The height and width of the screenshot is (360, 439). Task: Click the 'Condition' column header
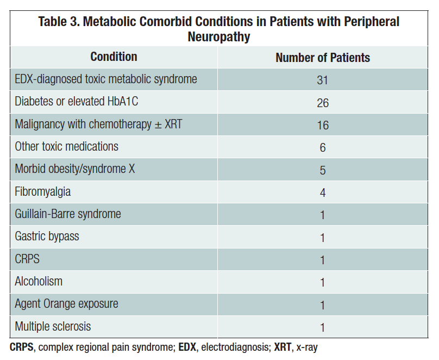[x=114, y=57]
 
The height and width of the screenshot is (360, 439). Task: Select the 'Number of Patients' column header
[x=323, y=58]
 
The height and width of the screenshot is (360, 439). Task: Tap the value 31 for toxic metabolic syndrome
[x=323, y=80]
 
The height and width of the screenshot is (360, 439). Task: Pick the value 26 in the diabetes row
[x=323, y=103]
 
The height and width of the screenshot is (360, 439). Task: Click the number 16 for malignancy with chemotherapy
[x=323, y=125]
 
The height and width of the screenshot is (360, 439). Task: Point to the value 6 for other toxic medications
[x=323, y=148]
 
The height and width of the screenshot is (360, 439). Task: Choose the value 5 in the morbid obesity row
[x=323, y=170]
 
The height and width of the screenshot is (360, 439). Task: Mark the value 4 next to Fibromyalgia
[x=323, y=193]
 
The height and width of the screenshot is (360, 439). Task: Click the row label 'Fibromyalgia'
[x=43, y=191]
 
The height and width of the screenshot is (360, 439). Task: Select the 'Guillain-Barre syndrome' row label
[x=68, y=214]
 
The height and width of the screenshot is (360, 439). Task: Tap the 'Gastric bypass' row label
[x=47, y=237]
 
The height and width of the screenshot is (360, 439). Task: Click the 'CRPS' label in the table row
[x=27, y=259]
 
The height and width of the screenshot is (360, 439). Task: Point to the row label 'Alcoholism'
[x=39, y=281]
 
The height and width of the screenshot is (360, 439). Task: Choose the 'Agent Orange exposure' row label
[x=66, y=304]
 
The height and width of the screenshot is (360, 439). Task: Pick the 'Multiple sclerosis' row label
[x=53, y=326]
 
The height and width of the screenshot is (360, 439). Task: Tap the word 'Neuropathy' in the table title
[x=219, y=37]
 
